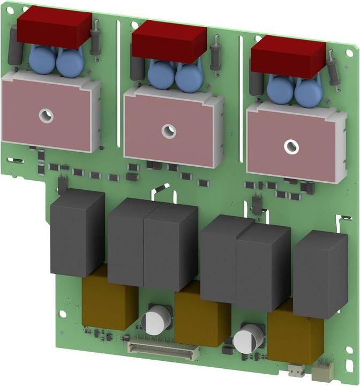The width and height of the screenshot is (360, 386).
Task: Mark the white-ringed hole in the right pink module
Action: (291, 145)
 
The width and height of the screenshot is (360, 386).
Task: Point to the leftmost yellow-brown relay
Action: (107, 303)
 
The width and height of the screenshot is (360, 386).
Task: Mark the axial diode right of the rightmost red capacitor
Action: (333, 68)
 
